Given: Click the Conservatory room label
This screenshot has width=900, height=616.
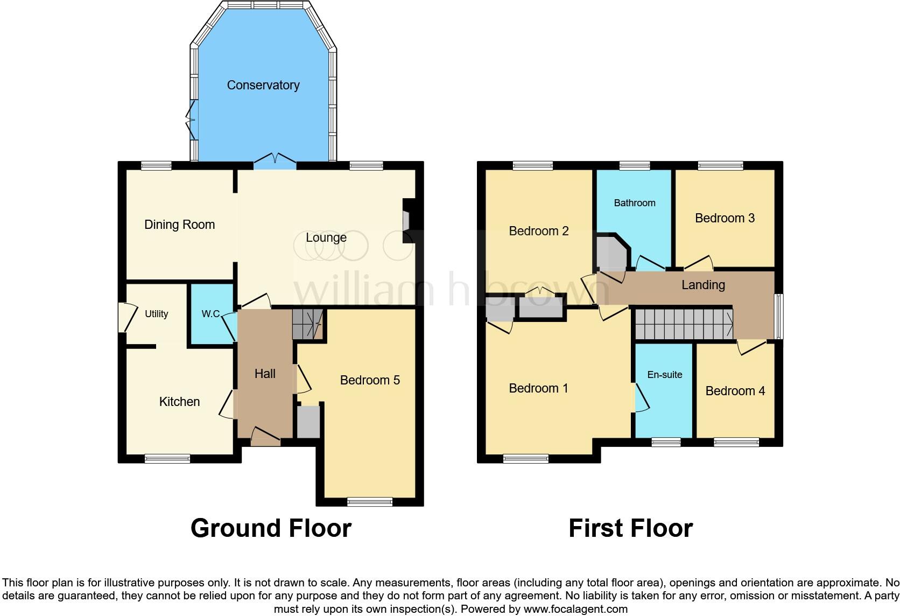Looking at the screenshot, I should [x=263, y=85].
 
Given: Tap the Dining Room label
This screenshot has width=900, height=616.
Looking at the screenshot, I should [x=179, y=225].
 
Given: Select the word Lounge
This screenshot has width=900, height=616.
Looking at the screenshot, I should [x=326, y=237].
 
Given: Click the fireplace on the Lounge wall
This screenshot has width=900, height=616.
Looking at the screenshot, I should [x=407, y=221].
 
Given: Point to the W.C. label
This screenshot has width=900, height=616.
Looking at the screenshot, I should [x=210, y=314].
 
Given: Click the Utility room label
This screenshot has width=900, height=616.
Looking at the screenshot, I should [x=156, y=314].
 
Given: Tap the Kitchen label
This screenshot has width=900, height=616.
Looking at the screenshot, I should [x=179, y=402].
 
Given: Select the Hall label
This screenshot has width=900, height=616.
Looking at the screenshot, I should [x=265, y=374].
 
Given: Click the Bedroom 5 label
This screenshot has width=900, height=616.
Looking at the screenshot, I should [x=370, y=380].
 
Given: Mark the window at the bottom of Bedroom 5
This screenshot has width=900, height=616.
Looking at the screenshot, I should [x=370, y=501].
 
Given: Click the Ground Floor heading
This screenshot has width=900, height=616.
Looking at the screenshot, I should [x=271, y=528].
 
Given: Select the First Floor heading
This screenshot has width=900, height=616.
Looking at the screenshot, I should [x=630, y=528].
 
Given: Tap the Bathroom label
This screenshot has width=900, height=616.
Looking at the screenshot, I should [x=635, y=203].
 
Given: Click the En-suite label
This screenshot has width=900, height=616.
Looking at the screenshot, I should [x=664, y=375].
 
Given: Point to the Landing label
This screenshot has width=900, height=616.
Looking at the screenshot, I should [x=703, y=285].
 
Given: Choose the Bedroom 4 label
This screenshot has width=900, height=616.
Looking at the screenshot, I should [x=735, y=391].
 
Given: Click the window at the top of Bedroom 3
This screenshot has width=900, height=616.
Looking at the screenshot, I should [x=720, y=166].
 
